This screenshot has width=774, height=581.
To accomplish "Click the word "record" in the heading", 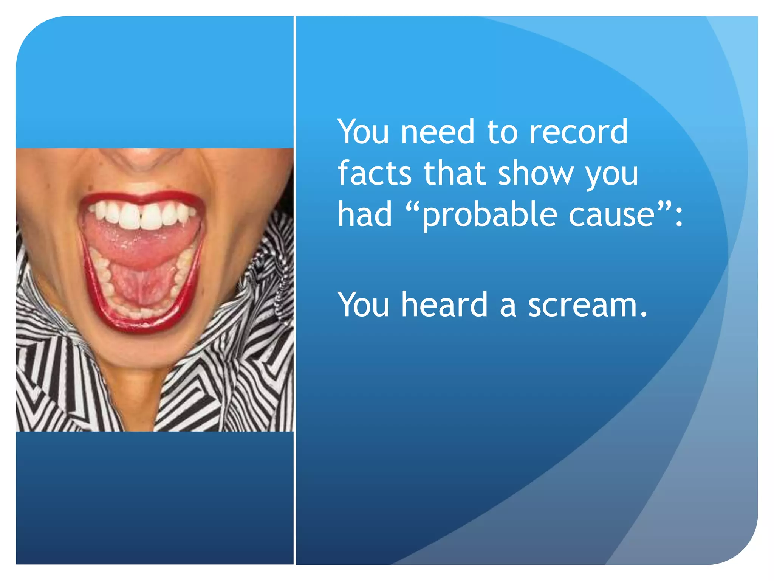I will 578,132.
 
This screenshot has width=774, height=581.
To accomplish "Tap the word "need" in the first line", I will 437,132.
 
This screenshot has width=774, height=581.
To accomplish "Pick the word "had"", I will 365,214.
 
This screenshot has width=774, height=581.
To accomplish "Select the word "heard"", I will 444,304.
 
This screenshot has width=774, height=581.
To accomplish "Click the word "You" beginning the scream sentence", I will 364,304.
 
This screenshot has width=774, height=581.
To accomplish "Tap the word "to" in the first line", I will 502,132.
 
